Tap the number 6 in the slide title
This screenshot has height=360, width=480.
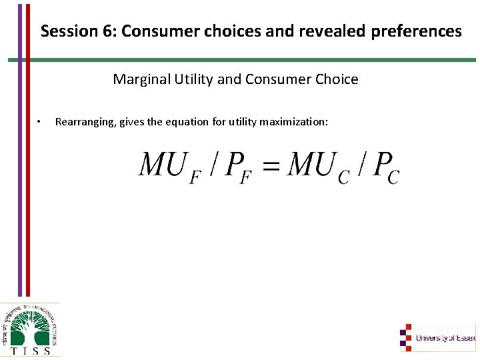pos(99,31)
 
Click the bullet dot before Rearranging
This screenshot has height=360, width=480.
pos(39,122)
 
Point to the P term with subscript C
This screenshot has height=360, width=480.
pos(385,167)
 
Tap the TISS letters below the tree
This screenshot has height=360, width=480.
pos(30,350)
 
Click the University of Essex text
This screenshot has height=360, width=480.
pos(445,338)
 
